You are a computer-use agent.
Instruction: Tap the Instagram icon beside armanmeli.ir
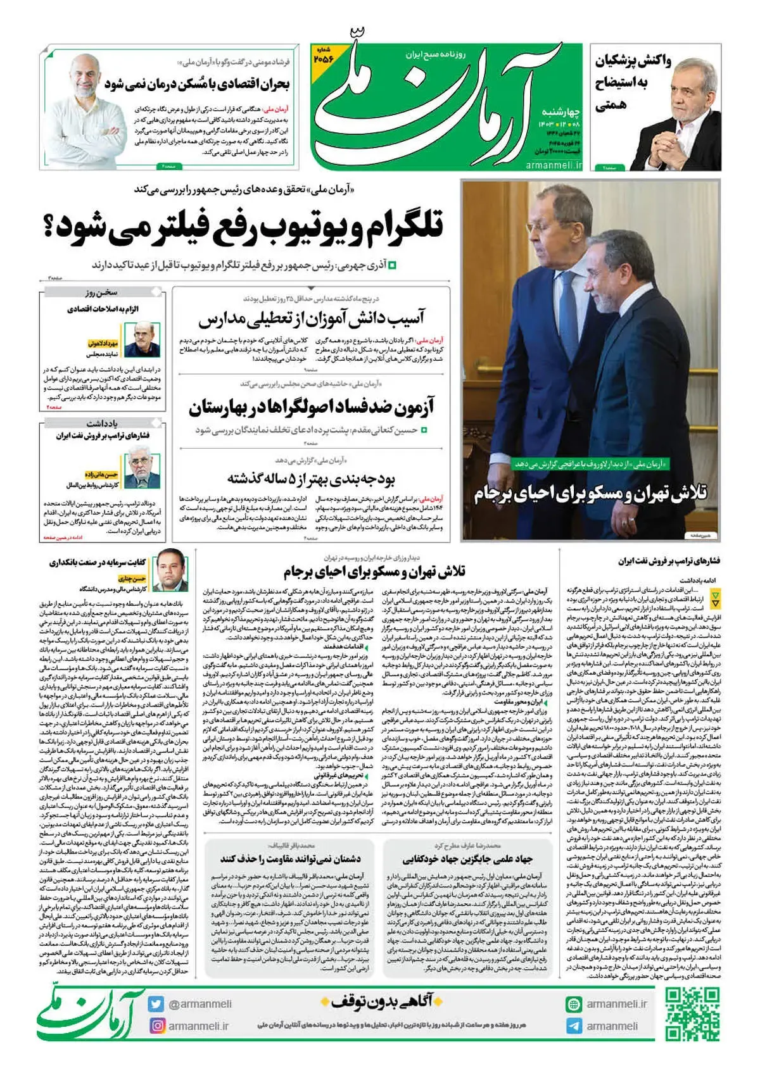coord(156,1025)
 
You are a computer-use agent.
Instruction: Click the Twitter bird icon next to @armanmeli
coord(156,1004)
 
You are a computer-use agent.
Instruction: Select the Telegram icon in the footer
coord(574,1026)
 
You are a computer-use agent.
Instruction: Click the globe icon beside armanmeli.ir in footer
coord(574,1004)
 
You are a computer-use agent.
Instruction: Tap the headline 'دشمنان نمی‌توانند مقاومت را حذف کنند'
coord(291,859)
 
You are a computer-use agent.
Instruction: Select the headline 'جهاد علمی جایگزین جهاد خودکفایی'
coord(467,859)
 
